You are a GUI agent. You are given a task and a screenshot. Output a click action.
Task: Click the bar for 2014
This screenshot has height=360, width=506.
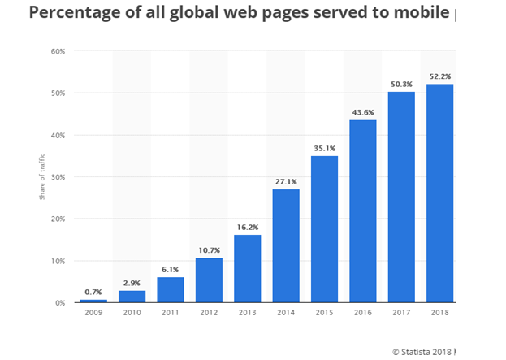(x=285, y=245)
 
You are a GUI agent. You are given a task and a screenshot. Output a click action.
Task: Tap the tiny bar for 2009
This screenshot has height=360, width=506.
(x=92, y=301)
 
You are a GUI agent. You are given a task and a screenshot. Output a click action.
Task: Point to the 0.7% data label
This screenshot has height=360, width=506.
(x=92, y=291)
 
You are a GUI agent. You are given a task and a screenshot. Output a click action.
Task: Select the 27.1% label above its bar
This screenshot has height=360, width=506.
(x=285, y=180)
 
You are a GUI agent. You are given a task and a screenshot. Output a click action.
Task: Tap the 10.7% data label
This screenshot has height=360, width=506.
(x=208, y=249)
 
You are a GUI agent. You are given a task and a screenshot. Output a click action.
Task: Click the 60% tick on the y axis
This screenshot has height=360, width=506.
(x=58, y=51)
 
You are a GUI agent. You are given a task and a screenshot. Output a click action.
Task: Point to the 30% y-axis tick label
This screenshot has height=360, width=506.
(x=58, y=177)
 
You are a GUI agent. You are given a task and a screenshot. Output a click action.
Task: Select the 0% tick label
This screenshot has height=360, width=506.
(x=59, y=303)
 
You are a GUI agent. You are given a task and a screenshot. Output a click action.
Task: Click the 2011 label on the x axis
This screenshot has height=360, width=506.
(x=169, y=313)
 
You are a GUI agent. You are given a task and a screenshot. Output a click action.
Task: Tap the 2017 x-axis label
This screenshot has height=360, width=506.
(x=401, y=313)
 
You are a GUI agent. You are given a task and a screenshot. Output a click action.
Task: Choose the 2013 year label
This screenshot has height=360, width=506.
(x=246, y=313)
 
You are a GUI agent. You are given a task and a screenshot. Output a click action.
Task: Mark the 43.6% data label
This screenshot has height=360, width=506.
(x=362, y=111)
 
